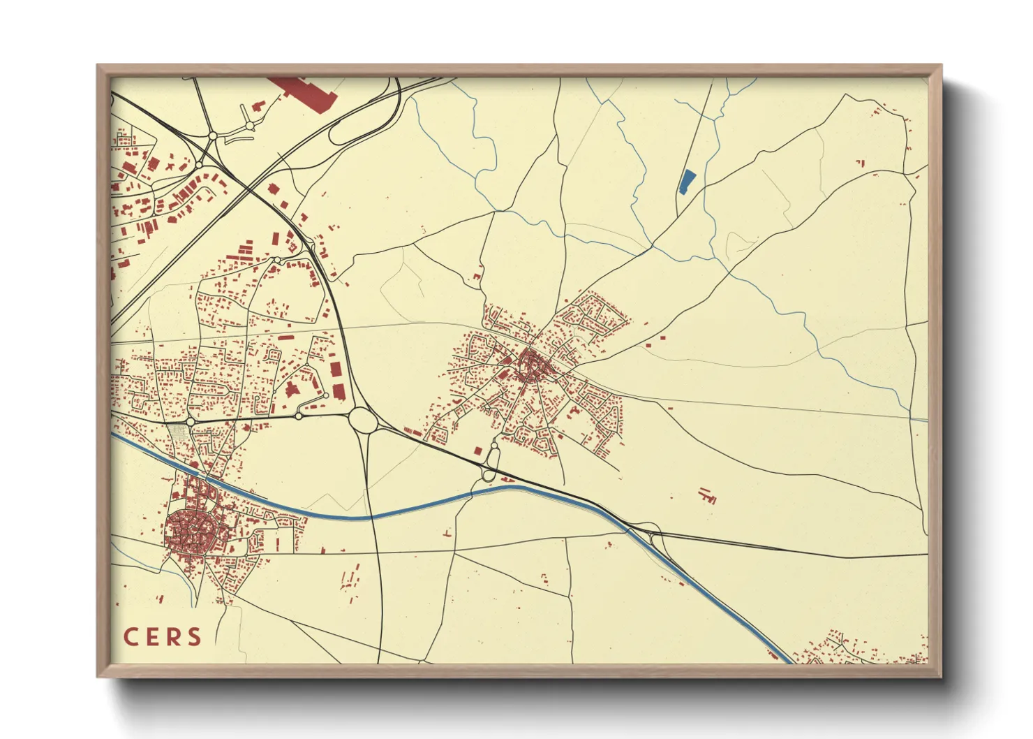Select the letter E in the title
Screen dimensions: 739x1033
click(x=153, y=637)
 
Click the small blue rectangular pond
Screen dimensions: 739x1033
click(x=687, y=182)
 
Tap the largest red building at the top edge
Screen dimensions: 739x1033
click(x=304, y=92)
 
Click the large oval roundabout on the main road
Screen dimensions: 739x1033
click(x=362, y=420)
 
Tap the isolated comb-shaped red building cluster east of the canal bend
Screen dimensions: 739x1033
click(x=708, y=496)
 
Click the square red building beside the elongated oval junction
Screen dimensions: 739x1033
click(x=477, y=451)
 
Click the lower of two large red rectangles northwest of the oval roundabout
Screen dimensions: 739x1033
click(x=339, y=391)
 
